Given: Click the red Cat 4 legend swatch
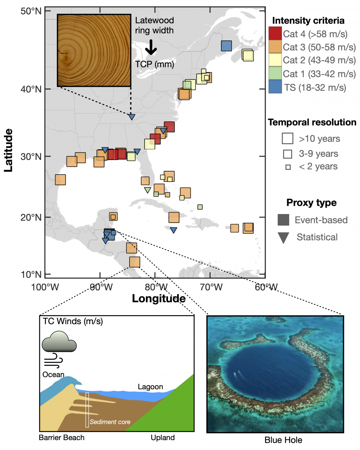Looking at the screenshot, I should pos(275,34).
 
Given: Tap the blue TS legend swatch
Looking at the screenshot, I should pos(275,87).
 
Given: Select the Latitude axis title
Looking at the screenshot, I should pos(8,151).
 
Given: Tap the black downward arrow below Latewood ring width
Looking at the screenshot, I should pos(151,47).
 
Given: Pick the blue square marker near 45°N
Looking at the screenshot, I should pos(226,46).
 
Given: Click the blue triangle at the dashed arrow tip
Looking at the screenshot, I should pos(131,117).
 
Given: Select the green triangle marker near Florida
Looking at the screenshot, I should pos(147,190).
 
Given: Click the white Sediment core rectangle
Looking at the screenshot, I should pos(87,410).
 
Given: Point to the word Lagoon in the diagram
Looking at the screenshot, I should pos(150,387).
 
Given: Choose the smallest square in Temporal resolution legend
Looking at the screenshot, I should pos(288,167).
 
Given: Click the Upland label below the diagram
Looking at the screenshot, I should pos(162,437).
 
